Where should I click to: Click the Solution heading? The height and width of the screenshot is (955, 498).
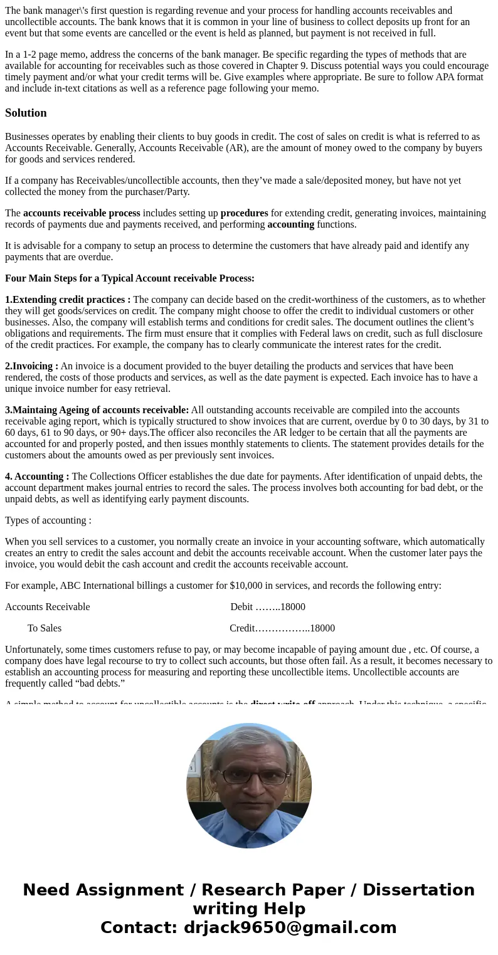[26, 113]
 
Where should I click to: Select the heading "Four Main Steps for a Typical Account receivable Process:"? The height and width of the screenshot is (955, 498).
[130, 278]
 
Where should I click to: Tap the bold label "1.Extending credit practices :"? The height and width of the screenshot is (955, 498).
[68, 300]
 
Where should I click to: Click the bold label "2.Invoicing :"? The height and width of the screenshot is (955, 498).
[31, 366]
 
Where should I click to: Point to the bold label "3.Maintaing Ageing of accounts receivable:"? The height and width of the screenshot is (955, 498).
[97, 410]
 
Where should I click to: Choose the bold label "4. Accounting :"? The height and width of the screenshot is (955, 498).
[37, 477]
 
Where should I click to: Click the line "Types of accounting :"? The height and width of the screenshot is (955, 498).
[48, 520]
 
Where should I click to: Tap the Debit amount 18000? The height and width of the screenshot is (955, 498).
[292, 607]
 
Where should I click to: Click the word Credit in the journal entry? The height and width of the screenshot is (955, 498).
[242, 628]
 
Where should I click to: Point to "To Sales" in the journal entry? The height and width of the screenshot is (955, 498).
[45, 628]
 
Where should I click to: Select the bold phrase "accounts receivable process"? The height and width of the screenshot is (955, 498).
[82, 213]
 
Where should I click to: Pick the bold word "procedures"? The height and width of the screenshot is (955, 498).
[244, 213]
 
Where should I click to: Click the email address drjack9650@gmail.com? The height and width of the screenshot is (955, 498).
[290, 928]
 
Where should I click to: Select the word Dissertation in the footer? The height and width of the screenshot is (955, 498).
[418, 890]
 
